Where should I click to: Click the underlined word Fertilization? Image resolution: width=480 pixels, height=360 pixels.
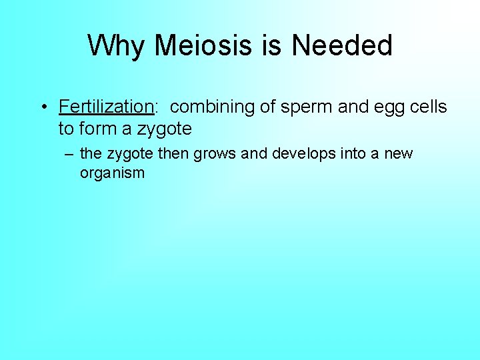(x=106, y=107)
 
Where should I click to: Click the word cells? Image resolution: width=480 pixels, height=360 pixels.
(x=427, y=107)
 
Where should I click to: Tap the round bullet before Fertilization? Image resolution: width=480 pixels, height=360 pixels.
(x=42, y=107)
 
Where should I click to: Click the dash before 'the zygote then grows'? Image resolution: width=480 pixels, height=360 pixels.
(x=67, y=154)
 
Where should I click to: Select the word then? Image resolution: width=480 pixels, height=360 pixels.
(x=173, y=154)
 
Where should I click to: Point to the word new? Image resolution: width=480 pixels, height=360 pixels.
(x=399, y=154)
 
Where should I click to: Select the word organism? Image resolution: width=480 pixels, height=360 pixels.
(x=112, y=173)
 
